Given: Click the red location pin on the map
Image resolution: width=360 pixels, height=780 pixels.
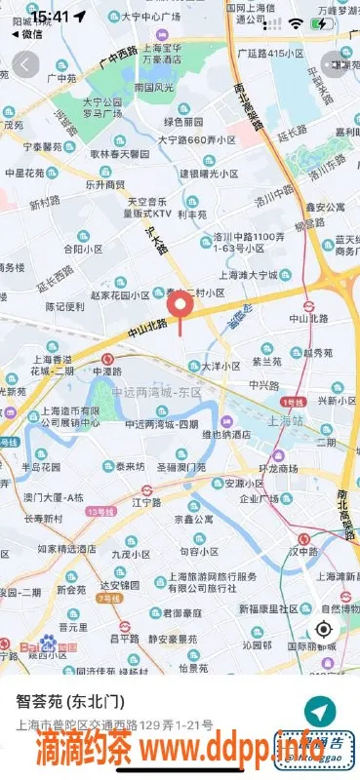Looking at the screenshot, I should pyautogui.click(x=180, y=308).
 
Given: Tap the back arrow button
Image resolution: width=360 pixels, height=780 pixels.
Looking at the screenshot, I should pyautogui.click(x=26, y=64).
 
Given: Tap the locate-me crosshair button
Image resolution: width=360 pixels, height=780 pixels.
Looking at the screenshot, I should pyautogui.click(x=324, y=628).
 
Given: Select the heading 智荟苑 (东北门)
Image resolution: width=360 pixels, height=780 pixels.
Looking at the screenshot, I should pyautogui.click(x=75, y=701).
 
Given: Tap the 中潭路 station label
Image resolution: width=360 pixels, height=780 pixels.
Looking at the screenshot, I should pyautogui.click(x=107, y=371).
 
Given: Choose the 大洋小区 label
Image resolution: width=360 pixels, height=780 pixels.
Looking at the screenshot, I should pyautogui.click(x=220, y=366).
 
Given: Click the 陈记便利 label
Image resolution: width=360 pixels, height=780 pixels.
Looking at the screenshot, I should pyautogui.click(x=65, y=306).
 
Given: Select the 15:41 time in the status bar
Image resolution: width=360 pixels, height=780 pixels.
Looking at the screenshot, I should pyautogui.click(x=50, y=17).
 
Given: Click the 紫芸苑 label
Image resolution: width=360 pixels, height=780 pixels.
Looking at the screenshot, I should pyautogui.click(x=266, y=361).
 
